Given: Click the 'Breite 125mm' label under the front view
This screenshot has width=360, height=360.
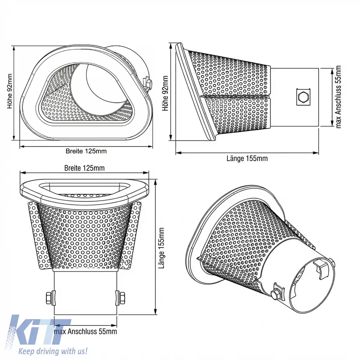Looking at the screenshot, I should pos(86,151).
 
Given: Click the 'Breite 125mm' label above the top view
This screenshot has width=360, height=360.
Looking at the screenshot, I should pos(84,168).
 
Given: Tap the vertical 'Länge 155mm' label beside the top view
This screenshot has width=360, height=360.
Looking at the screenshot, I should pos(162,248).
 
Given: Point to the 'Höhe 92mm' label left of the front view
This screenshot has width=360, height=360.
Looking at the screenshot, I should pos(9,91).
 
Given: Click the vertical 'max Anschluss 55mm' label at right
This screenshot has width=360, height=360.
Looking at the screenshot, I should pos(339,97).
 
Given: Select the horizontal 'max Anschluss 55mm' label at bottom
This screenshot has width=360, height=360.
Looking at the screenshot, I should pos(85,331).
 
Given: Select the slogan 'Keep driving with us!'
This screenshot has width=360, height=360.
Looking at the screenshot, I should pos(53,351).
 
